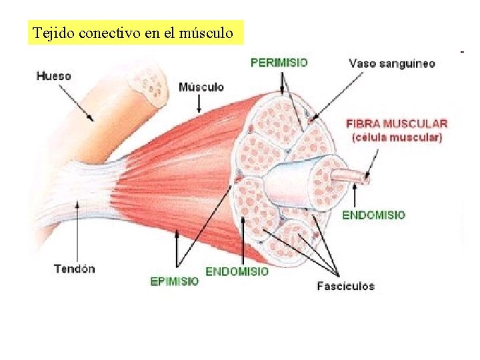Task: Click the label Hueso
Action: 53,76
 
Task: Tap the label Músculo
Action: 201,87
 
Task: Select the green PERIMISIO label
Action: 279,63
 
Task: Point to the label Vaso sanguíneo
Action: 392,64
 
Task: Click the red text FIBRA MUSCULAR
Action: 397,123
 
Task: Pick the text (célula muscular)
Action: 397,138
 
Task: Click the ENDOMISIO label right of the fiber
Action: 373,215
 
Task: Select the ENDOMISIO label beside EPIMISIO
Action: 237,271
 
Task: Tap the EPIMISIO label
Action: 175,281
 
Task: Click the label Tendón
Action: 74,269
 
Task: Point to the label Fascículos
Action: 345,286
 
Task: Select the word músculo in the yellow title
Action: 207,33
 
